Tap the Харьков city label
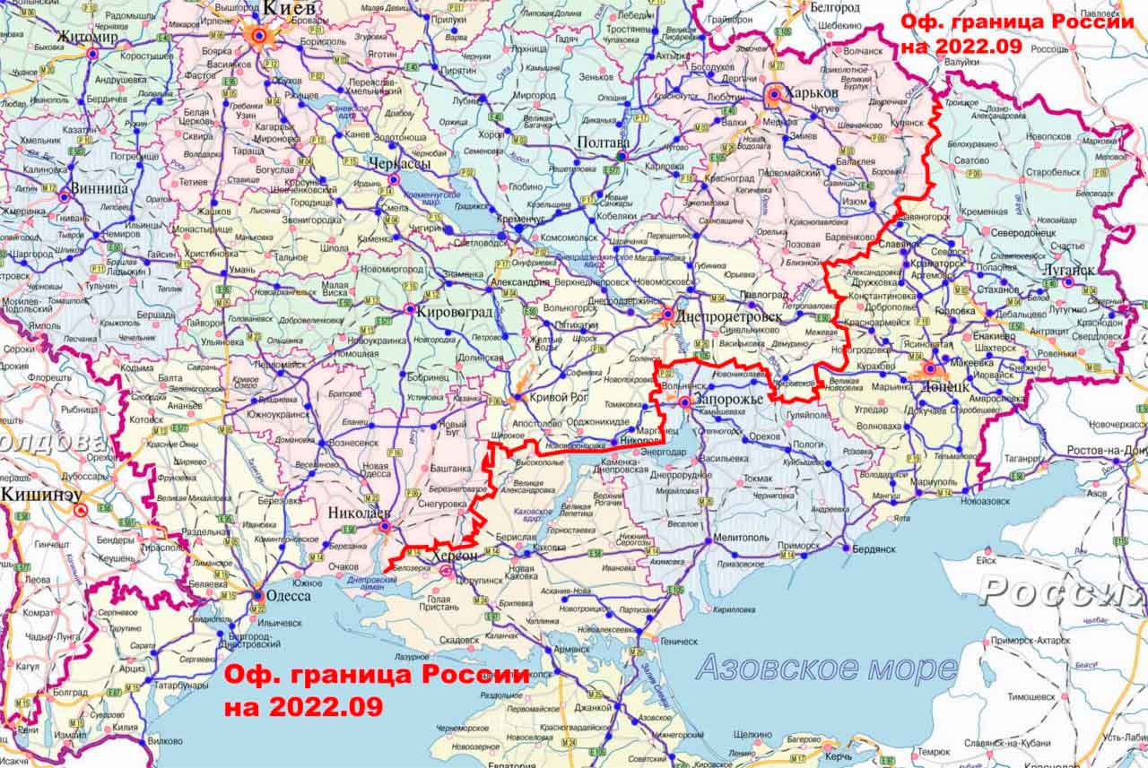click(x=812, y=92)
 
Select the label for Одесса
click(x=289, y=596)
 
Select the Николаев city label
click(x=360, y=513)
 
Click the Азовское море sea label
click(x=825, y=668)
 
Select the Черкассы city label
click(x=399, y=164)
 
